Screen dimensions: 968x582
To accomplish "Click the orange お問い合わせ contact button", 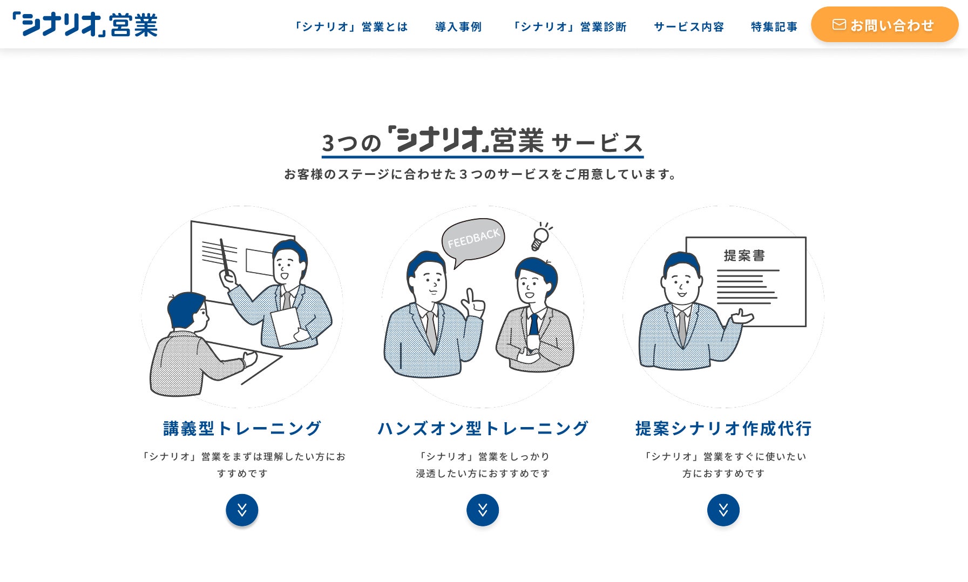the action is (884, 25).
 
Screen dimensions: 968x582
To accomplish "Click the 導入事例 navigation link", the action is (458, 26).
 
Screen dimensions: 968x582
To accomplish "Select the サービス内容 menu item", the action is (688, 26).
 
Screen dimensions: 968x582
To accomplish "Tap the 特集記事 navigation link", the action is (774, 26).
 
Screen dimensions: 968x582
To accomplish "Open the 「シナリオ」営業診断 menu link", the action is (569, 26).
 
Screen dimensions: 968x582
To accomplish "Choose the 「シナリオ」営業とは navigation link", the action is (350, 26).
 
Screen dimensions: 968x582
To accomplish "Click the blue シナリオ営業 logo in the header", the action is (85, 24).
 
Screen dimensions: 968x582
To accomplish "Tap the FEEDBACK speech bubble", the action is (473, 240).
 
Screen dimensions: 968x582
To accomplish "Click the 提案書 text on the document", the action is (744, 255).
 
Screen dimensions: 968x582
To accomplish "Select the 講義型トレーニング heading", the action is (242, 428).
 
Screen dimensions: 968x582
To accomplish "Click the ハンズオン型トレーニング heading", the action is (483, 428).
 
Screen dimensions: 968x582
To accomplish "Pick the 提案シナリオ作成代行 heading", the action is (723, 428).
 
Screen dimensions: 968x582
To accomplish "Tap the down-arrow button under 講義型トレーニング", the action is (242, 510).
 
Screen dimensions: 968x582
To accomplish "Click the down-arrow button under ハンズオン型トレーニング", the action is (483, 510).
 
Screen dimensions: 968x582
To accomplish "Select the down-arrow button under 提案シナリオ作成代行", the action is (723, 510).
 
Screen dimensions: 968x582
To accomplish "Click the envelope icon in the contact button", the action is (839, 25).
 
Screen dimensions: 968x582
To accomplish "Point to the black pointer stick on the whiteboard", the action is (225, 257).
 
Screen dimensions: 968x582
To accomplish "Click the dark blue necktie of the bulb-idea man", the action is (533, 325).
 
